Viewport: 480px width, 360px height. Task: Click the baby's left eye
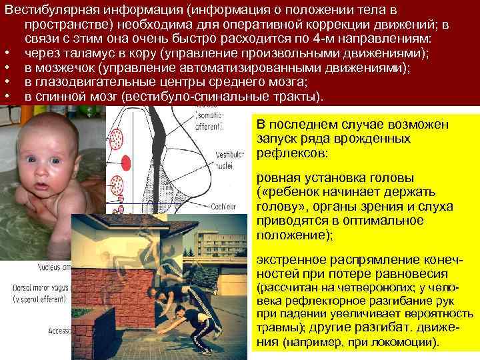coord(55,161)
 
